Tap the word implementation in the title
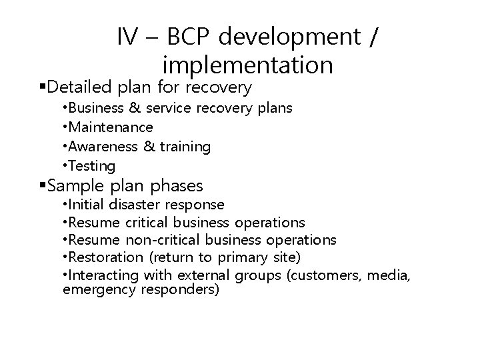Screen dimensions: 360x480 click(x=247, y=65)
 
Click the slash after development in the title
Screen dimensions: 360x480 click(x=372, y=37)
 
